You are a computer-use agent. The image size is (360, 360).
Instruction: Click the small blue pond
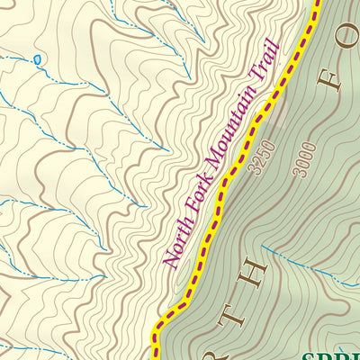click(37, 60)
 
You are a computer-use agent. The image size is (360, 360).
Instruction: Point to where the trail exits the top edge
click(318, 3)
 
